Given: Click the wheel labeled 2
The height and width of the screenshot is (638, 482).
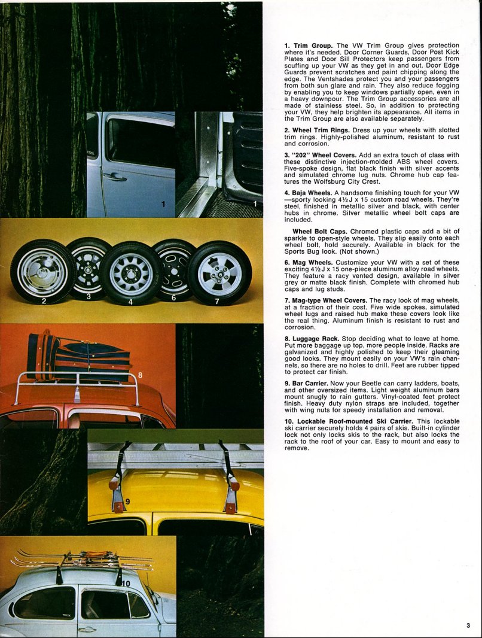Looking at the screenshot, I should pos(43,272).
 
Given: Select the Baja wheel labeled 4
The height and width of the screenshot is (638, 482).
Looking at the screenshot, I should pos(130,273).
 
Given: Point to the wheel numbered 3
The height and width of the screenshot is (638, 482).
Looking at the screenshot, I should pos(89,263).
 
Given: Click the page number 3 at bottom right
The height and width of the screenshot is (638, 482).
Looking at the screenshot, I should pos(468,625).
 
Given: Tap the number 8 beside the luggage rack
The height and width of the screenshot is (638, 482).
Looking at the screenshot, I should pos(141,375).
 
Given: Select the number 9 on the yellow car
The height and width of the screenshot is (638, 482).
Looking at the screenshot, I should pos(127,501).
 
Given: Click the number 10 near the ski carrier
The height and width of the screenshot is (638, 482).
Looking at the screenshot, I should pos(125,583).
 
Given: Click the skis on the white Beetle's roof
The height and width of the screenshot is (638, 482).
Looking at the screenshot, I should pos(84,561).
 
